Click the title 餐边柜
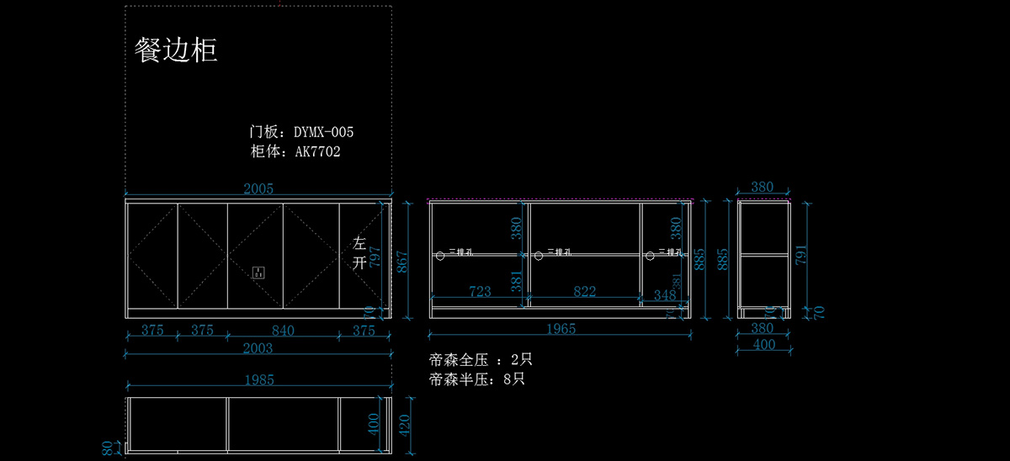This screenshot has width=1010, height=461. tap(177, 50)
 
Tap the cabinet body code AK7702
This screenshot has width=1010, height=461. tap(317, 151)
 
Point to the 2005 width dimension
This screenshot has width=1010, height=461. tap(259, 189)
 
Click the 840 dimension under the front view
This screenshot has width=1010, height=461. tap(283, 331)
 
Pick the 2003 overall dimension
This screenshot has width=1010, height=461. tap(258, 348)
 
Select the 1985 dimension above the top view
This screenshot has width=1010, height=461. tap(258, 379)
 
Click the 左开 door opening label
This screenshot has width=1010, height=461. tap(360, 252)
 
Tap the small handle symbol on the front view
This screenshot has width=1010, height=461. tap(258, 272)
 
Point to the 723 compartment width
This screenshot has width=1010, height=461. tap(480, 291)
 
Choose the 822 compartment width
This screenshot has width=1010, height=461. tap(585, 291)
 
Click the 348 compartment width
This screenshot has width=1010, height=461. tap(664, 295)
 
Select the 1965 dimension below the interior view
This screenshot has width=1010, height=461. tap(561, 329)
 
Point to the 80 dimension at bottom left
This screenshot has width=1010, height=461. tap(108, 449)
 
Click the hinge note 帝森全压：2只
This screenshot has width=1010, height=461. tap(481, 359)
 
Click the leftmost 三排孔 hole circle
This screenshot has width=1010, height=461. tap(439, 254)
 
